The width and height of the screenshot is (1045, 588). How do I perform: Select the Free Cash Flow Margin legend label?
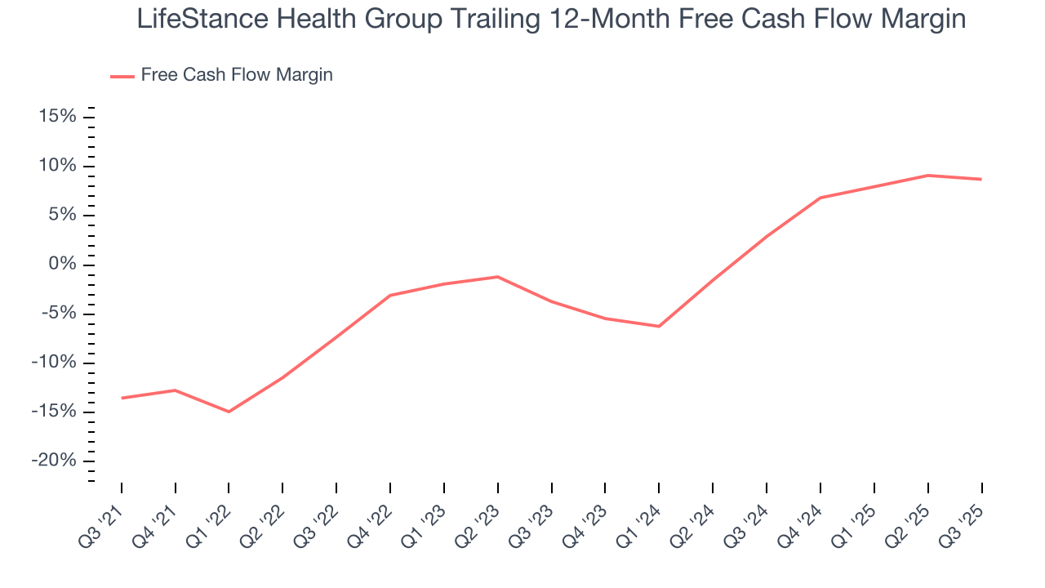(237, 75)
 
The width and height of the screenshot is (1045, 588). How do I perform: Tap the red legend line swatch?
(122, 77)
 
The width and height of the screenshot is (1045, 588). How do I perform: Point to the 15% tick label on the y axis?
(57, 117)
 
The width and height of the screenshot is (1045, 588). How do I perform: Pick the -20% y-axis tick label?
(54, 461)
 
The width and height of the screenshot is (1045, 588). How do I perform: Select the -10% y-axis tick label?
(54, 363)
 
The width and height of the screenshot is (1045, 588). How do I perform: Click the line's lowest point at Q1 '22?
(229, 412)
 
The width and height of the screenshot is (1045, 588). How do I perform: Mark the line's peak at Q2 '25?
(927, 175)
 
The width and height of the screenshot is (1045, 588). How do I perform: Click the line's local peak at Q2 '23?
(497, 277)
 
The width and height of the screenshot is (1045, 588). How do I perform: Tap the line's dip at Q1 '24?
(659, 327)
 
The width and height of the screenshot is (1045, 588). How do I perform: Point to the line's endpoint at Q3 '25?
(981, 179)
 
